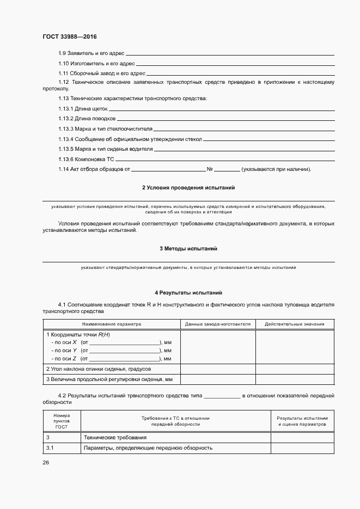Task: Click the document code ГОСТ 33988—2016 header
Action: coord(69,36)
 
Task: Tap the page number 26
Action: coord(46,462)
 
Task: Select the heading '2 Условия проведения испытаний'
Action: coord(188,187)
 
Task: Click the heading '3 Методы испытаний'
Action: coord(188,248)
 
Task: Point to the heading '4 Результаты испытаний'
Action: coord(188,292)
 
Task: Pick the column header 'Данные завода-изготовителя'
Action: coord(217,324)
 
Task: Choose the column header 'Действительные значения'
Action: coord(294,324)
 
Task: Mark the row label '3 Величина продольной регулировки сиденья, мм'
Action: coord(109,379)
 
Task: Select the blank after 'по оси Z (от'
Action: coord(124,359)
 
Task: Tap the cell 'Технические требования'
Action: coord(115,438)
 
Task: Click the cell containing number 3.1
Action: coord(50,448)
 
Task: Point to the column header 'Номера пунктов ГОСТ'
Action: coord(62,421)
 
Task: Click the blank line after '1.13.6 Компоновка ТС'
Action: coord(225,160)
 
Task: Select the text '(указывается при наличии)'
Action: coord(276,169)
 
